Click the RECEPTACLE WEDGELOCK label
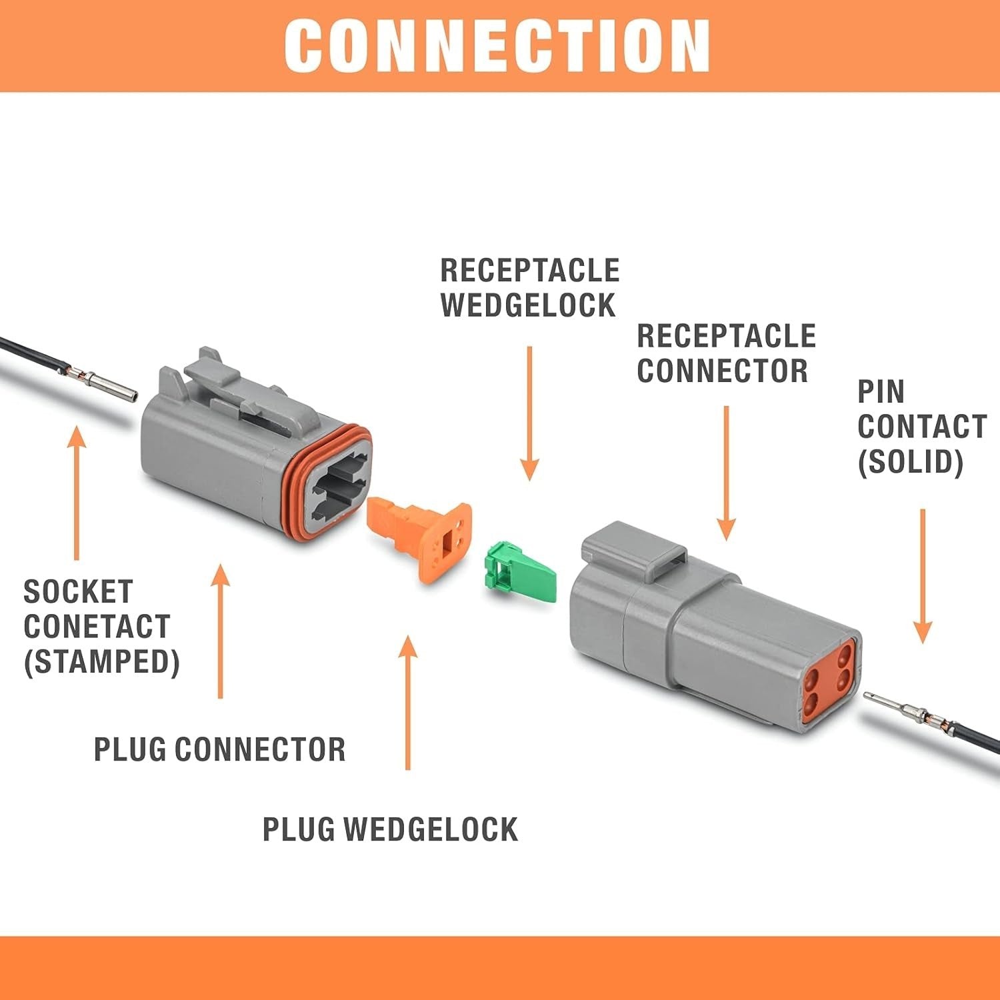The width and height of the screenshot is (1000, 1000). tap(529, 288)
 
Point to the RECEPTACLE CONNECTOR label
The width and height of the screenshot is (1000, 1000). tap(725, 353)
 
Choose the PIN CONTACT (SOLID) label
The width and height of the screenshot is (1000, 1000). tap(920, 427)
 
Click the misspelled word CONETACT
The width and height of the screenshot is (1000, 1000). tap(97, 627)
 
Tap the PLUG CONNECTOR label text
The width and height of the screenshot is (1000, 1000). tap(219, 749)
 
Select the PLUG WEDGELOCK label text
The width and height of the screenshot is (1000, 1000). tap(390, 829)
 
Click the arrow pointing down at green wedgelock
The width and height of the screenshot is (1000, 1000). tap(529, 413)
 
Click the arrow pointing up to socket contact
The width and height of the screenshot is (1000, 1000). tap(77, 493)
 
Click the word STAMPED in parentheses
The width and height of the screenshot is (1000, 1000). tap(102, 661)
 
